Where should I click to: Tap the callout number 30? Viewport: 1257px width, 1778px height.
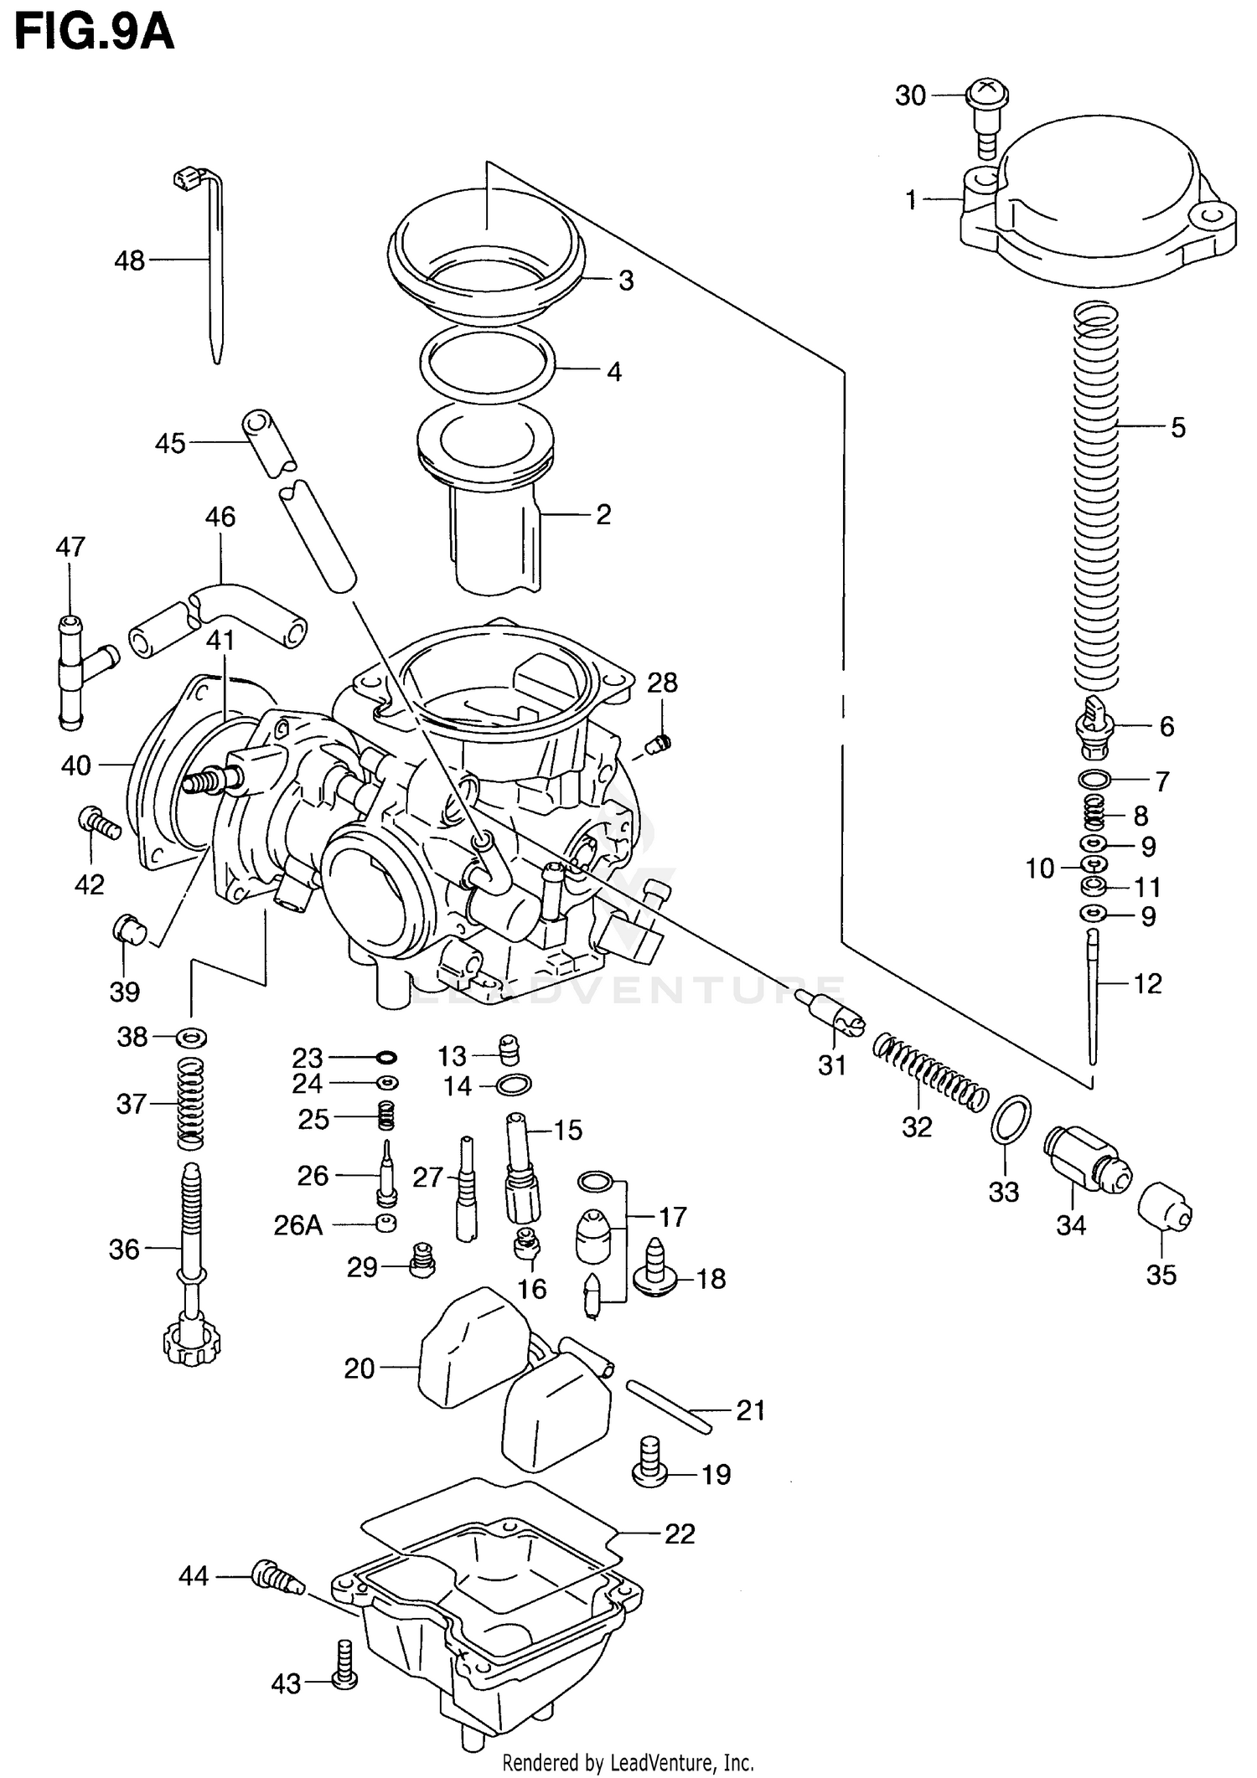click(x=910, y=96)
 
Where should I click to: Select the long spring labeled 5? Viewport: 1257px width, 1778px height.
click(x=1096, y=494)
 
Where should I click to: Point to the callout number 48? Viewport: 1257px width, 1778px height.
click(x=129, y=261)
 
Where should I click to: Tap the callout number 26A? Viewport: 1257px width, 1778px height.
click(x=298, y=1225)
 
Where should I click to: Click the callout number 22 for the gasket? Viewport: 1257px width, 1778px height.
click(x=680, y=1534)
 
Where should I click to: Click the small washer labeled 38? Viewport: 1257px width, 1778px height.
click(x=191, y=1038)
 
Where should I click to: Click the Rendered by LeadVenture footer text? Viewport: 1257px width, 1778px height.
click(x=628, y=1763)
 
